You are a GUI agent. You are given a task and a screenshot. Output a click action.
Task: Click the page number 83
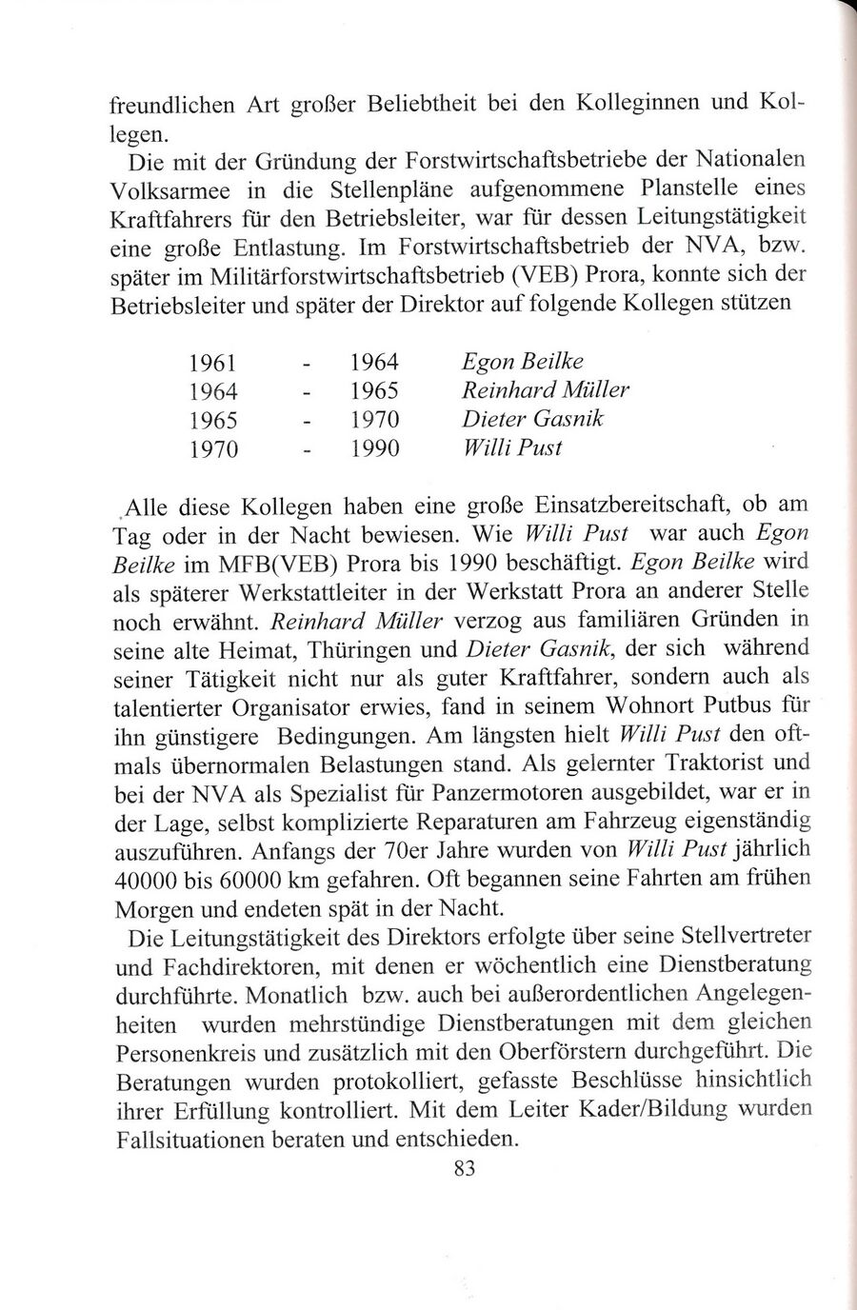pos(464,1169)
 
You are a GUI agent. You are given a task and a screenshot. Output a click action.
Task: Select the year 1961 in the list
pos(213,364)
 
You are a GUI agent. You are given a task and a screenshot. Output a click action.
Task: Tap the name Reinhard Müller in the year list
pos(544,390)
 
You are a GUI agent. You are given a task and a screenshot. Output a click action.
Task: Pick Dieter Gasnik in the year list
pos(531,419)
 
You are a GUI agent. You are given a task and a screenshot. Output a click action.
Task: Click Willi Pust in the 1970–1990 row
pos(510,447)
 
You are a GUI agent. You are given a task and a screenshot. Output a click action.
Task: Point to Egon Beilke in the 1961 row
pos(521,362)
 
